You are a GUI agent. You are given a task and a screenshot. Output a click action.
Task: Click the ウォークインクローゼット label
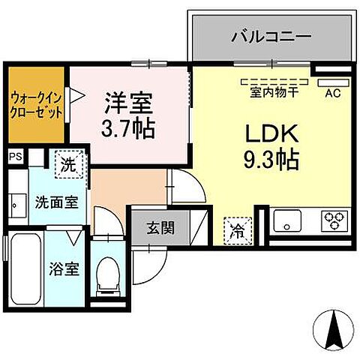37,105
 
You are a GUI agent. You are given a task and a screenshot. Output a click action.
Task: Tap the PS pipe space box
15,157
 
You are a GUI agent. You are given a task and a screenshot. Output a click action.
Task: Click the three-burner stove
334,220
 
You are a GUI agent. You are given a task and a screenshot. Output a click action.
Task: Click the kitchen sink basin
287,220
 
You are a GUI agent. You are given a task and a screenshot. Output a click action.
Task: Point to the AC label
332,94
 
